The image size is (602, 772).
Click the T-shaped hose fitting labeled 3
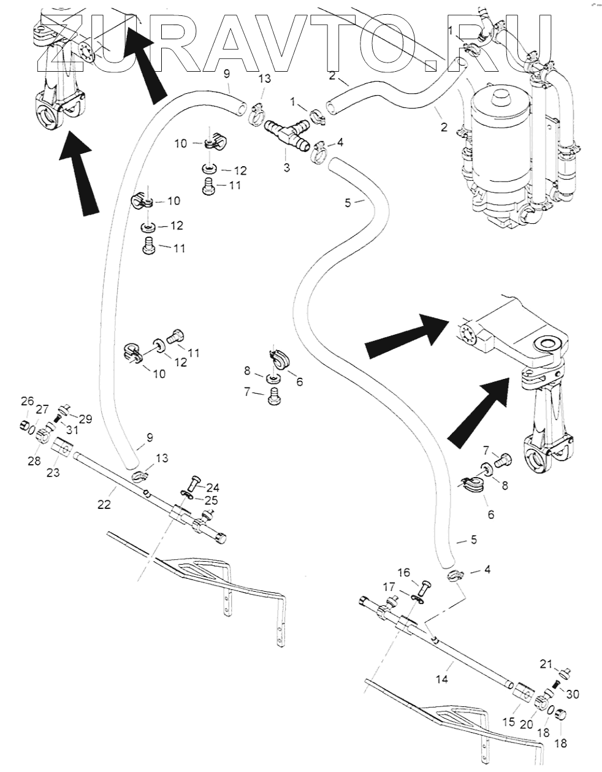286,135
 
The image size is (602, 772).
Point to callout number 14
442,679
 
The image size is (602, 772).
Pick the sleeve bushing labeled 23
62,451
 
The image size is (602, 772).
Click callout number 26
26,402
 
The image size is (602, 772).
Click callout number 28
34,461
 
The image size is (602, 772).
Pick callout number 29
85,419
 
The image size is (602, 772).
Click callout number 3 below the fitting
286,167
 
